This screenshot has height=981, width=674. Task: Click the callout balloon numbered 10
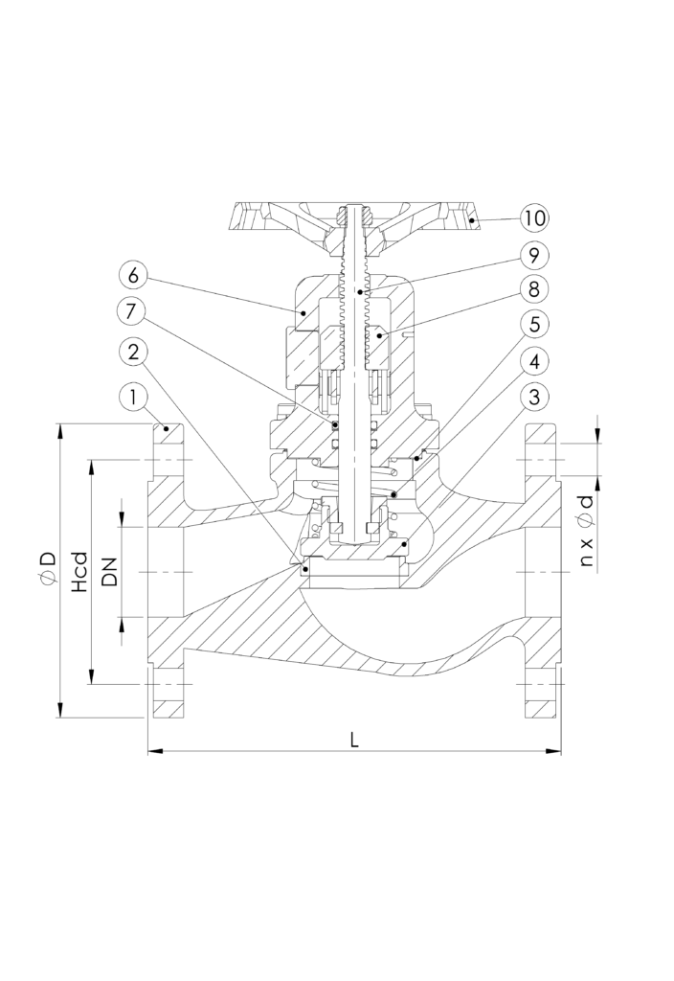(x=535, y=217)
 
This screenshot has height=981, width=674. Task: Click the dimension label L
(x=354, y=740)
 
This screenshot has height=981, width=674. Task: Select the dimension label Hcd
(x=80, y=571)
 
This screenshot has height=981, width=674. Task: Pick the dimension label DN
(x=109, y=572)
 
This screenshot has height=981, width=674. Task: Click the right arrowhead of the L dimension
(x=554, y=752)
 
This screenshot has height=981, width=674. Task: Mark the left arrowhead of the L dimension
(x=154, y=752)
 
